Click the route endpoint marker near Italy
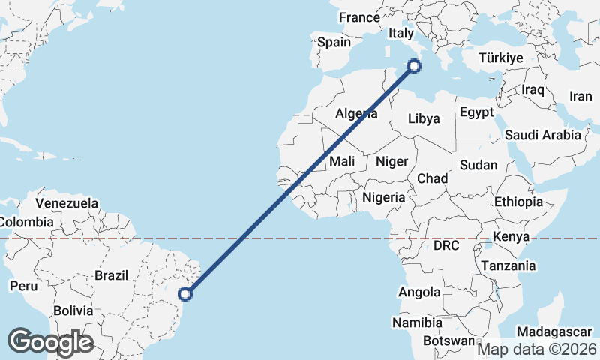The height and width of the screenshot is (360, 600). point(413,67)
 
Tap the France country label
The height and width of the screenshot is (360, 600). point(359,17)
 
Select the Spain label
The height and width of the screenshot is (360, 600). point(334,43)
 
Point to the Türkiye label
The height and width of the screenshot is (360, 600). point(502,58)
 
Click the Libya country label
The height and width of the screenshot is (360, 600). point(424,118)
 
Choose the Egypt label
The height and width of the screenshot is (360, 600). point(477,112)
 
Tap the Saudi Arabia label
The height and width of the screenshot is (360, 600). point(543,135)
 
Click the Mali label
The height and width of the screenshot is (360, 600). point(342,161)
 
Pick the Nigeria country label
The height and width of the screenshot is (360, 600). point(383,198)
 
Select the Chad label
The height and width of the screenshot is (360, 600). point(432,178)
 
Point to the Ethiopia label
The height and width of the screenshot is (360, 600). point(518,202)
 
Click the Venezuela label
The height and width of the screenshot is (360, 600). point(67,203)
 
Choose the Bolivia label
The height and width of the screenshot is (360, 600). point(73,310)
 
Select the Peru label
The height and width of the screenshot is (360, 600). point(23,286)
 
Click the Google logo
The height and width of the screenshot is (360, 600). point(50,342)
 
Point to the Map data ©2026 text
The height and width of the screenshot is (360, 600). point(537,349)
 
